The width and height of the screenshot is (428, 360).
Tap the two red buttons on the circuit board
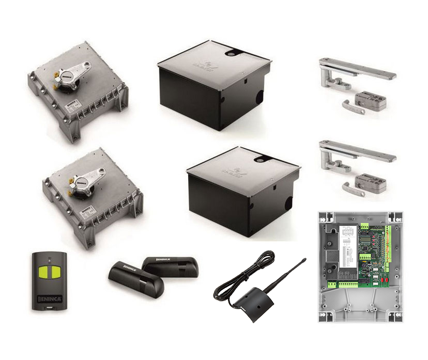(x=386, y=278)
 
